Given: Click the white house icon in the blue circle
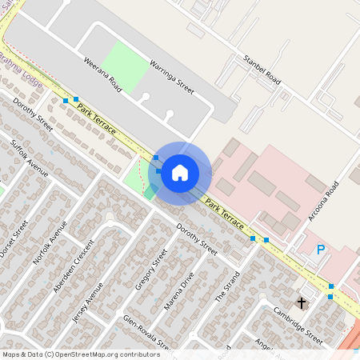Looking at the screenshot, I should click(180, 172).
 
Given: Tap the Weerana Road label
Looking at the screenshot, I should click(102, 74).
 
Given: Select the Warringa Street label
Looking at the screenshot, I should click(172, 76).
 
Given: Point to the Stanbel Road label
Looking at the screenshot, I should click(262, 70).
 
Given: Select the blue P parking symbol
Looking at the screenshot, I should click(321, 250).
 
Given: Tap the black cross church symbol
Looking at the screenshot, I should click(302, 302).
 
